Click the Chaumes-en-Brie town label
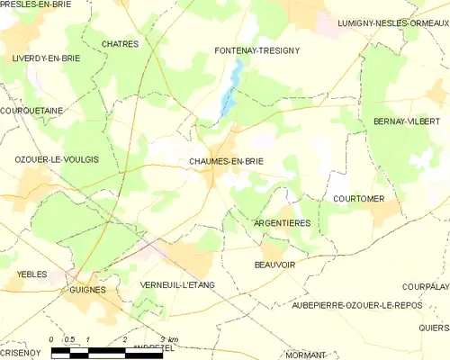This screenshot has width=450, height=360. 226,162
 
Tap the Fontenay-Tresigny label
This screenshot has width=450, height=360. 256,50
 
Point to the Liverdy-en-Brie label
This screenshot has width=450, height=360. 46,58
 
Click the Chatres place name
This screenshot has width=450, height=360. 120,43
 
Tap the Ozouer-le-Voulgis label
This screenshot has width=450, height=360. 57,159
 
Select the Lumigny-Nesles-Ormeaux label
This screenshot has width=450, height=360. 392,22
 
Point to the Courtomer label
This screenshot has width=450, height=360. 358,198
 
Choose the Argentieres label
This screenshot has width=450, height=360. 283,222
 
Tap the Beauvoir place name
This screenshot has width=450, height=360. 275,265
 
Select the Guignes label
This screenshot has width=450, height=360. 87,290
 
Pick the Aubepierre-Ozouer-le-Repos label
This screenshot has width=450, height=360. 364,306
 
